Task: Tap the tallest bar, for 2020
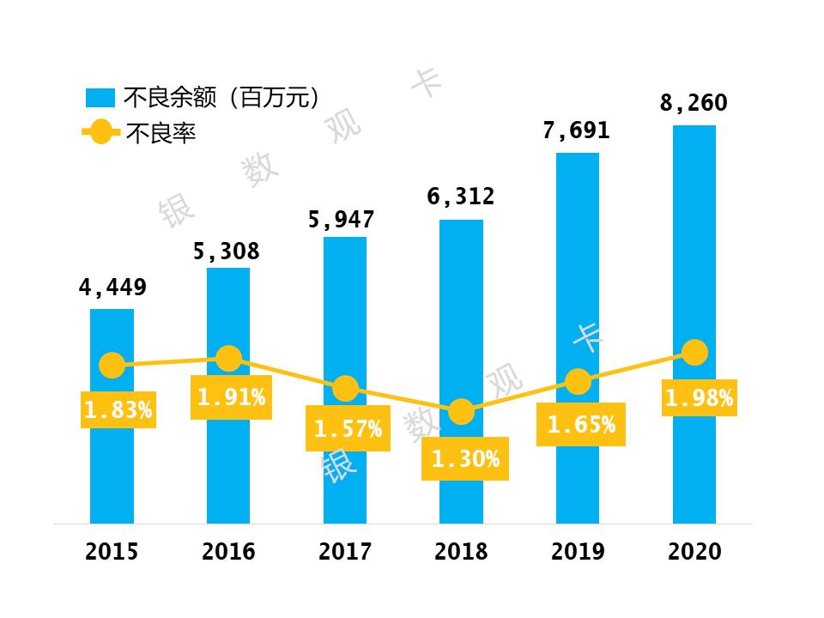click(694, 257)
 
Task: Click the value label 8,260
click(694, 104)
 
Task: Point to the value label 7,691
click(577, 130)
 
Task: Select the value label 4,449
click(112, 287)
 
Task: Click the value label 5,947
click(342, 220)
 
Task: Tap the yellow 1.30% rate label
click(465, 459)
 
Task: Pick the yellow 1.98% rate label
click(699, 398)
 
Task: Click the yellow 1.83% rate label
click(118, 410)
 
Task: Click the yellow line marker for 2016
click(228, 358)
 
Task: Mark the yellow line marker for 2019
click(579, 381)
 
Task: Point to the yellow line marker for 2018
click(462, 412)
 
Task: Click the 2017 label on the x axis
click(345, 551)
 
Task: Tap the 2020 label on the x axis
click(694, 551)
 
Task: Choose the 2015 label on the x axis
click(112, 551)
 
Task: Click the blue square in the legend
click(100, 97)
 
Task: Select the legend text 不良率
click(161, 134)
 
